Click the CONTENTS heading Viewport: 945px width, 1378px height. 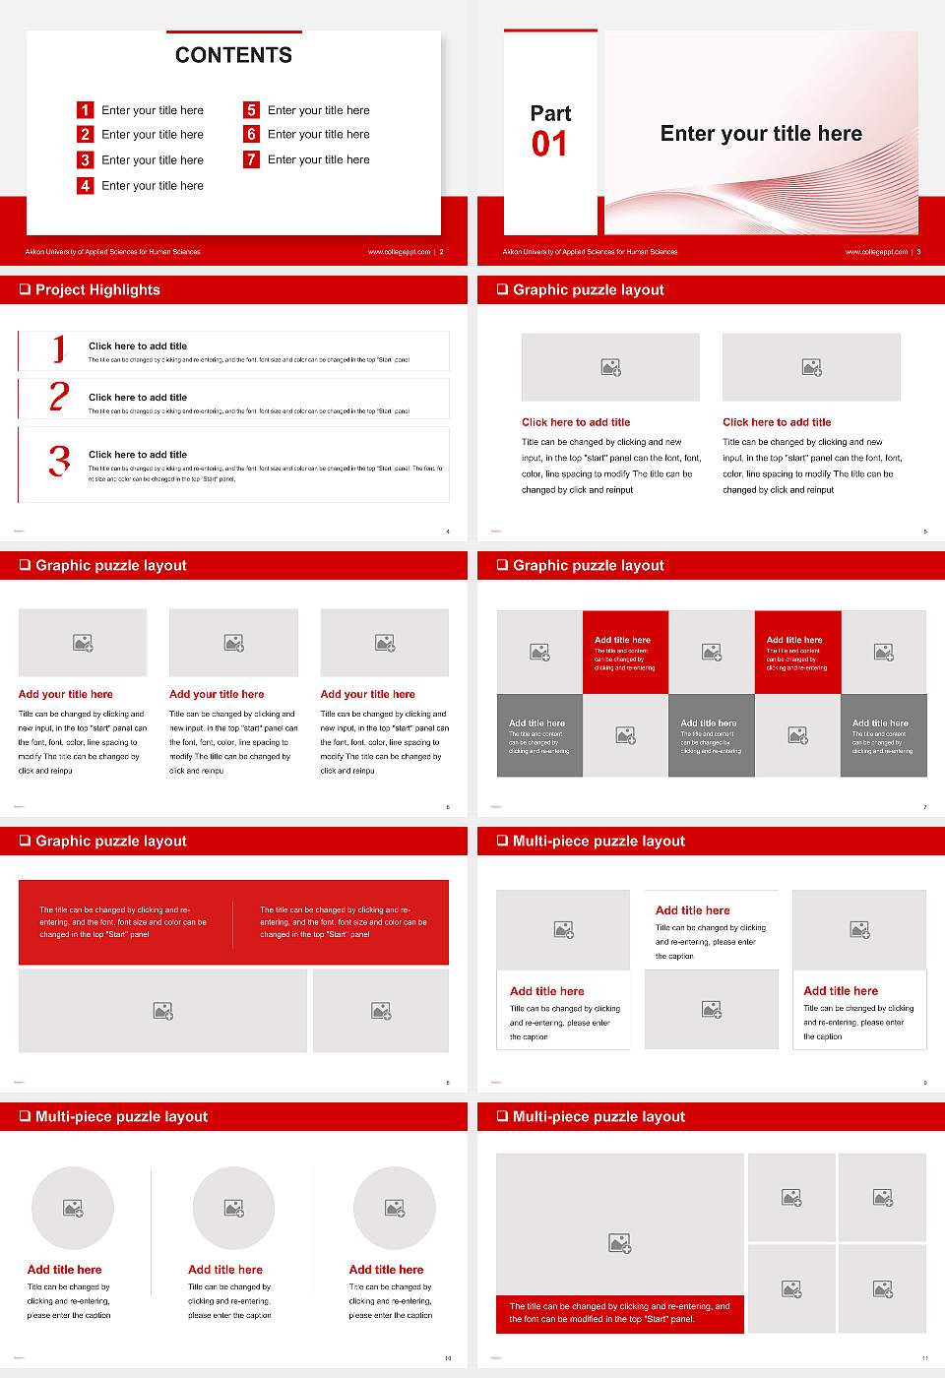tap(233, 55)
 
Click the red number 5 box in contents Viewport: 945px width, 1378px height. tap(251, 110)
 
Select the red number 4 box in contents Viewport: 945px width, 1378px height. tap(86, 185)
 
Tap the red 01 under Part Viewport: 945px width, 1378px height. tap(549, 145)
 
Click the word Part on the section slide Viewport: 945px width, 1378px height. tap(550, 113)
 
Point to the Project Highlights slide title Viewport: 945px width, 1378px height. tap(97, 289)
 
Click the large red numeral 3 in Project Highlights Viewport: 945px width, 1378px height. tap(60, 461)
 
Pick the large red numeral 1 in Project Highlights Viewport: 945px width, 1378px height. tap(59, 348)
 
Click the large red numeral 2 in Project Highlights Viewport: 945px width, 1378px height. tap(59, 397)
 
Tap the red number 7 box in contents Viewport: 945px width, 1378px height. tap(251, 159)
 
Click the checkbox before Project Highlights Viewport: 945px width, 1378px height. tap(25, 289)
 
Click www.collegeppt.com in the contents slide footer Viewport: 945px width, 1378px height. tap(399, 252)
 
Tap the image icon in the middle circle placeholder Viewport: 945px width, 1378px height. tap(233, 1208)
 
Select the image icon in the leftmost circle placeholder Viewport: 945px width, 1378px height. tap(73, 1208)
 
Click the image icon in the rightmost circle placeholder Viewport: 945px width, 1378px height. tap(395, 1208)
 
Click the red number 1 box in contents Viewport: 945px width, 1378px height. tap(86, 110)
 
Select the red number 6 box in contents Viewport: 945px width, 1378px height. tap(251, 134)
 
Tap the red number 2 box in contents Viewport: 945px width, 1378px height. tap(86, 134)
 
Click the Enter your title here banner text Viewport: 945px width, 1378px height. tap(761, 134)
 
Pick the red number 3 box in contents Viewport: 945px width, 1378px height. tap(86, 159)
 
